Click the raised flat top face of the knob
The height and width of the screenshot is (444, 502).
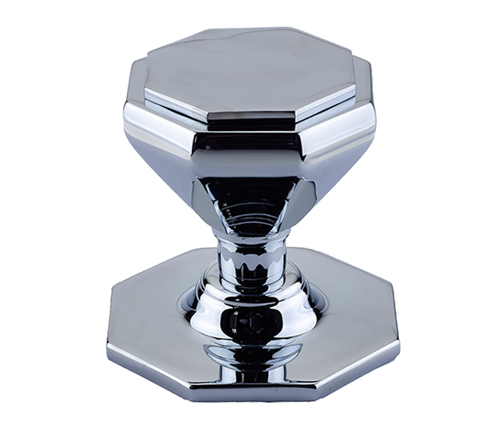250,73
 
